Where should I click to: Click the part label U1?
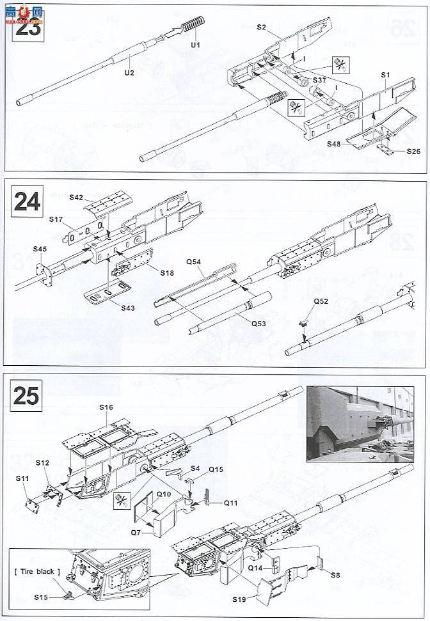click(196, 45)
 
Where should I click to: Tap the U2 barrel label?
click(129, 73)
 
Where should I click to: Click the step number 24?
click(27, 201)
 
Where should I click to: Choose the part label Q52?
click(321, 301)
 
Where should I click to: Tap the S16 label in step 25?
click(106, 407)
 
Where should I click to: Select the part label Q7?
click(136, 531)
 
